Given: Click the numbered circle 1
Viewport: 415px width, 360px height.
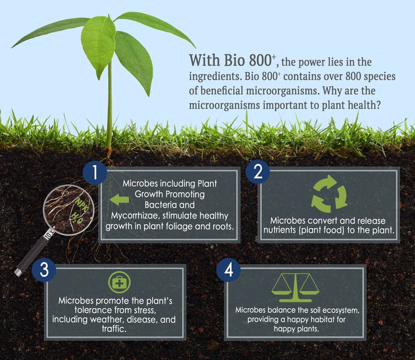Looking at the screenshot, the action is [95, 173].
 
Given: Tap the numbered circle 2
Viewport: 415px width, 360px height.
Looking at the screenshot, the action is [257, 172].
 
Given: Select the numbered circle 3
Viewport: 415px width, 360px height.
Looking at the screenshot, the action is [44, 270].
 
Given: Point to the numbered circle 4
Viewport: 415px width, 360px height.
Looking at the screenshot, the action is [229, 270].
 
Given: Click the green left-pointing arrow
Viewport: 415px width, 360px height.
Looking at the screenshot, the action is [119, 200].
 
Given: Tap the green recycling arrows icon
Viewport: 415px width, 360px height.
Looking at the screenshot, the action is [329, 194].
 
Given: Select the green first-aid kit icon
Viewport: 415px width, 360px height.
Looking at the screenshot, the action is [119, 282].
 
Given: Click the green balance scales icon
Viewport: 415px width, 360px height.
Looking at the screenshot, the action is [295, 288].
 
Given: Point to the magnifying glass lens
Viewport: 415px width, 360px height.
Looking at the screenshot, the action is [68, 210].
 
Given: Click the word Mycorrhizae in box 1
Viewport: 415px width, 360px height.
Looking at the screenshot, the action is [135, 216].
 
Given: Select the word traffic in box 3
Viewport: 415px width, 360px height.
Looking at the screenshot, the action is [114, 328].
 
